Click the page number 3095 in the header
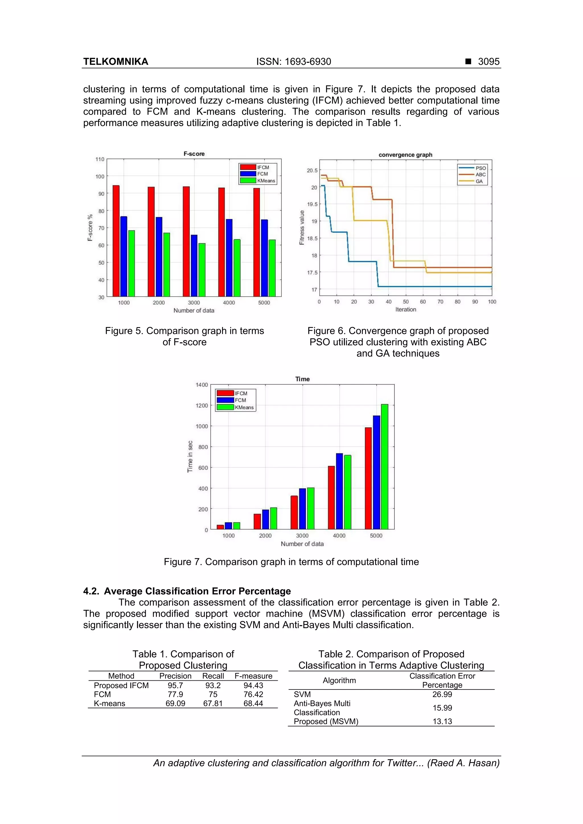(x=488, y=62)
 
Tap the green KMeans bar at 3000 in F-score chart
(x=202, y=270)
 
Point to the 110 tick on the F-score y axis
(x=100, y=159)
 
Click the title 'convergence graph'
(x=405, y=155)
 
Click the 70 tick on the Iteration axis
(x=440, y=302)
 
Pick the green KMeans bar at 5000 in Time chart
(x=384, y=466)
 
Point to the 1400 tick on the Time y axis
(x=202, y=385)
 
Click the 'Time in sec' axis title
(x=190, y=457)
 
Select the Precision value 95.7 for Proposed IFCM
(x=175, y=685)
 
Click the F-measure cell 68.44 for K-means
(x=253, y=703)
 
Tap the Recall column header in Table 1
(x=213, y=676)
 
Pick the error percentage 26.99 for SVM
(x=442, y=695)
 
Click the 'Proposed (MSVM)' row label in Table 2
(x=326, y=721)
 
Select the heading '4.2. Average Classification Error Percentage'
(x=187, y=591)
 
